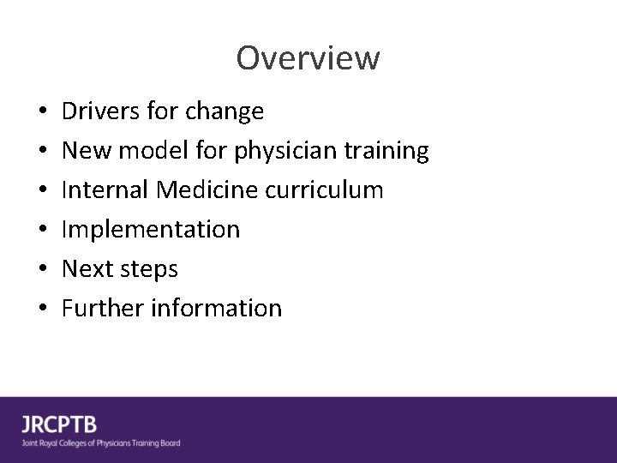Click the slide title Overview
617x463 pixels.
click(x=308, y=58)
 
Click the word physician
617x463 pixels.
click(x=273, y=152)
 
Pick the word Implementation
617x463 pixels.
click(x=151, y=230)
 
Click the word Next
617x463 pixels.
click(x=86, y=269)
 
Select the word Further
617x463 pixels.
click(x=102, y=309)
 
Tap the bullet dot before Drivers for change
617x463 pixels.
click(x=42, y=112)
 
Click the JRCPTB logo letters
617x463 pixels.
click(x=59, y=424)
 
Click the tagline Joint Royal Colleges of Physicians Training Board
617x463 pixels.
click(x=101, y=443)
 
